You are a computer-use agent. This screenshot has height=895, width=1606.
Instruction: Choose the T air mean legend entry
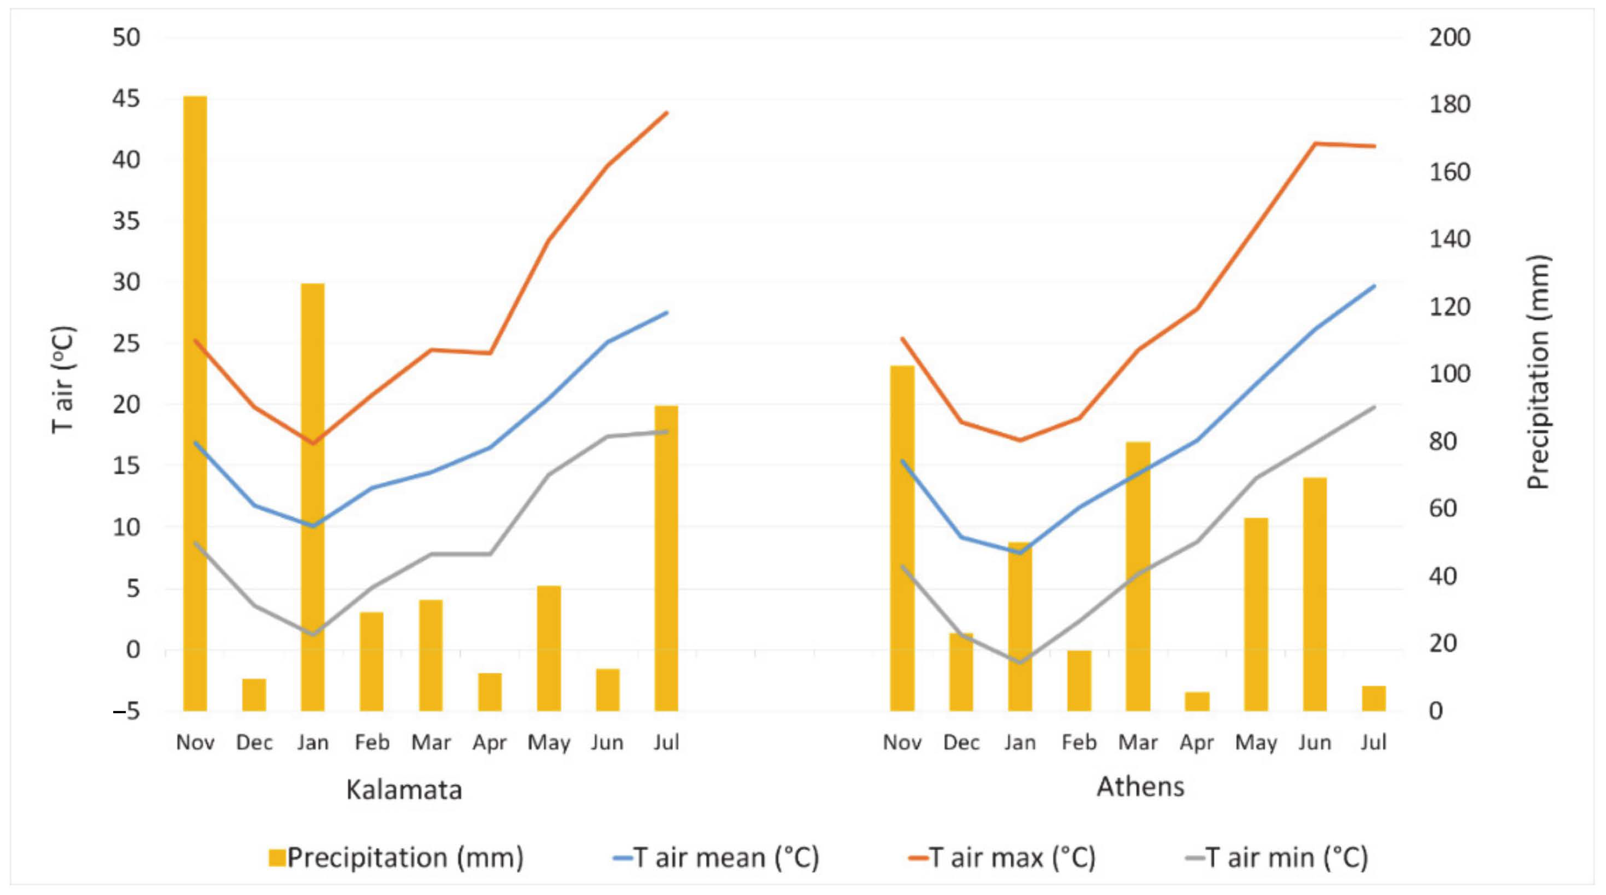(x=717, y=858)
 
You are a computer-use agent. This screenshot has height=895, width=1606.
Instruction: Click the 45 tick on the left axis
(x=127, y=99)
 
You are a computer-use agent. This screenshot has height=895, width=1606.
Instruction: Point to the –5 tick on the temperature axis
(x=127, y=711)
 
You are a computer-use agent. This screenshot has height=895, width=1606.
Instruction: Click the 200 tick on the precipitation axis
(x=1449, y=37)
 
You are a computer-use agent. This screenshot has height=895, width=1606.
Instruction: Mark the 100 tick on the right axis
(x=1449, y=374)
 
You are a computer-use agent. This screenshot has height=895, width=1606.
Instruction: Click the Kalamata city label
(x=404, y=789)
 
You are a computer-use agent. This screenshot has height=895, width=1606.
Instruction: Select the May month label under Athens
(x=1256, y=742)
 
